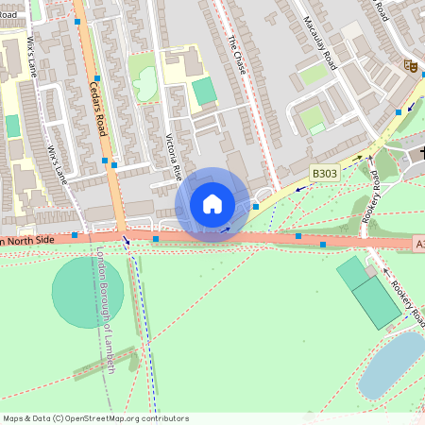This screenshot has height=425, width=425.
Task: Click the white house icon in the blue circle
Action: tap(212, 204)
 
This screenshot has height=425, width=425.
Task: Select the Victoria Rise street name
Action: tap(173, 157)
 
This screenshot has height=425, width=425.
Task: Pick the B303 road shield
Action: tap(325, 173)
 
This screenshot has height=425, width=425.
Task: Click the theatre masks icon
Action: tap(411, 66)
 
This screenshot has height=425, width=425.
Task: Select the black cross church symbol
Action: tap(421, 151)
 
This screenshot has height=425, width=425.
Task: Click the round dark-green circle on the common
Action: tap(87, 292)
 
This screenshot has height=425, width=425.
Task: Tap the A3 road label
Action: tap(419, 244)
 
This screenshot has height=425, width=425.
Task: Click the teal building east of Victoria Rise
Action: tap(204, 92)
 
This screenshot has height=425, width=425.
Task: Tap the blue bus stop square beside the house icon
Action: tap(255, 206)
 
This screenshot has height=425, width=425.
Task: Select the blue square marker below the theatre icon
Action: tap(399, 111)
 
